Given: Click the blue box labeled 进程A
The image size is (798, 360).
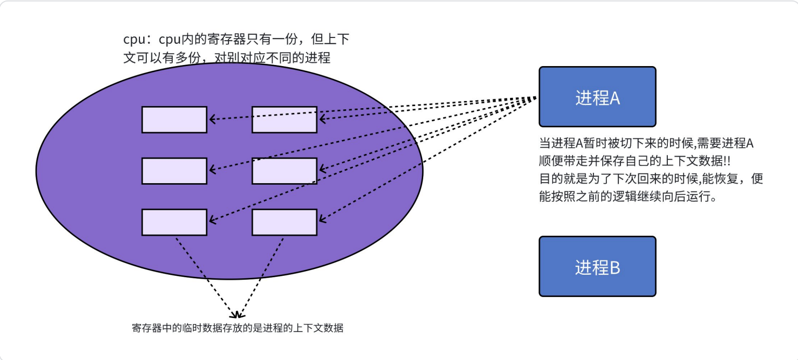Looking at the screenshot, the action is [597, 97].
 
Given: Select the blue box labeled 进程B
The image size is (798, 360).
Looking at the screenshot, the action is [597, 266].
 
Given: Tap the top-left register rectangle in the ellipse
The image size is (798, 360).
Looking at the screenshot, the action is [174, 120].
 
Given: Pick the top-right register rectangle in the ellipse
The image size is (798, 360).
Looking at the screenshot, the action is [284, 120].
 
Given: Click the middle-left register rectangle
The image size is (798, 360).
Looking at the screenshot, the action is [174, 171].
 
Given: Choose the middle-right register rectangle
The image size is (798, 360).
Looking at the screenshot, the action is [284, 171].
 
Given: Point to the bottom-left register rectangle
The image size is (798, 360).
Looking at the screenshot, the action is [174, 222].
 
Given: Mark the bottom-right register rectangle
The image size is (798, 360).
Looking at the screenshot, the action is [284, 222].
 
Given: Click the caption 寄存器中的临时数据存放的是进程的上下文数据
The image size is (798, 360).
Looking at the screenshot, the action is [238, 328].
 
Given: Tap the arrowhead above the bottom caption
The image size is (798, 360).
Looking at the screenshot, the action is [237, 314].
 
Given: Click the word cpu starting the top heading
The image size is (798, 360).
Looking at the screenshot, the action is [133, 41].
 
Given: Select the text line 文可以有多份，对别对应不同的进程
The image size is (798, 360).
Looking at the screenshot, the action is [227, 57].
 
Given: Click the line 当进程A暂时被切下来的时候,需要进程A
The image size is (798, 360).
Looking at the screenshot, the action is [646, 144].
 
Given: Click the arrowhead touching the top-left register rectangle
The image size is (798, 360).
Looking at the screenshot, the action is [212, 120].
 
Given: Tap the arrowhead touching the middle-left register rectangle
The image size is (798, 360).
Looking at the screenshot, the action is [212, 170].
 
